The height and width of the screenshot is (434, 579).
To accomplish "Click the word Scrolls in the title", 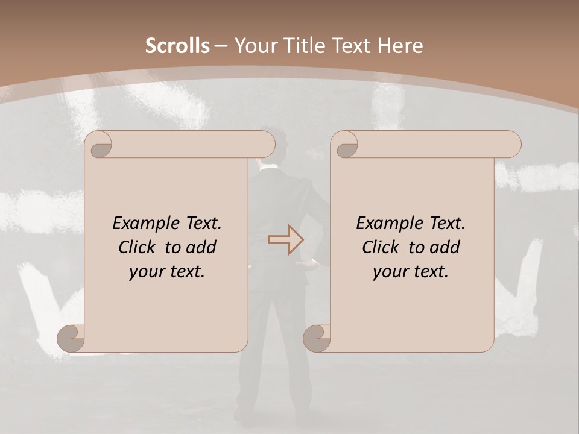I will click(x=178, y=46).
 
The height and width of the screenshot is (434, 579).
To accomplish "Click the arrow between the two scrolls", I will click(x=285, y=240).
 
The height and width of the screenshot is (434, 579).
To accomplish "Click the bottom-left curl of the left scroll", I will click(x=71, y=338).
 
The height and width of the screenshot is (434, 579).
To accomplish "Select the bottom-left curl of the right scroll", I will click(x=317, y=338).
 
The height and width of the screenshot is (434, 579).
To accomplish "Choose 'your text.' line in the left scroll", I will click(x=167, y=272).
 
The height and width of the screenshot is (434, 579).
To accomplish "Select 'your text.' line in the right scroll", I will click(x=411, y=272).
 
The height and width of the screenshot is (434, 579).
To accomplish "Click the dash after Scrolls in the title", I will click(x=221, y=46).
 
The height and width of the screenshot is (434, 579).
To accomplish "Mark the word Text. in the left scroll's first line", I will click(x=201, y=224).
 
